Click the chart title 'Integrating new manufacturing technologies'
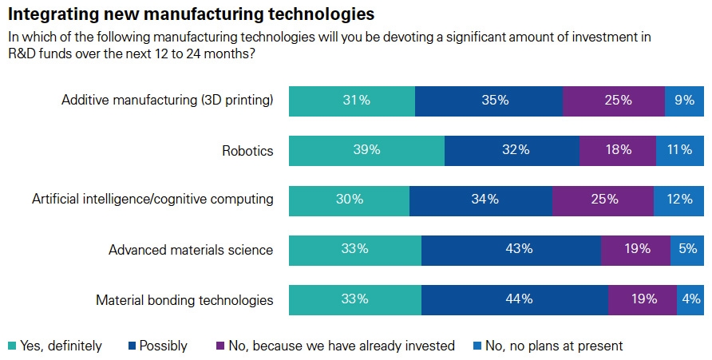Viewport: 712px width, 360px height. pos(192,14)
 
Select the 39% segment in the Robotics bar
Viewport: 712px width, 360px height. pos(366,149)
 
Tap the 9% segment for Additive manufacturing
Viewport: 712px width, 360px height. pos(683,100)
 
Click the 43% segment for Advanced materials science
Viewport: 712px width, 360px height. pos(511,249)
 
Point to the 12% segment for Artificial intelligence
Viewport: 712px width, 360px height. pos(678,200)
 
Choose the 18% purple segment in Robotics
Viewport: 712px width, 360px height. pos(618,149)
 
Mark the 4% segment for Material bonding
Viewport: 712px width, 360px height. pos(691,299)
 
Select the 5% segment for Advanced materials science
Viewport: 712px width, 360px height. pos(688,249)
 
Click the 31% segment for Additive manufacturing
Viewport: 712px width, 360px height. pos(351,100)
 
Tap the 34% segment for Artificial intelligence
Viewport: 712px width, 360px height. pos(481,200)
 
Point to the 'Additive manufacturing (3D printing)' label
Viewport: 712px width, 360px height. pos(168,100)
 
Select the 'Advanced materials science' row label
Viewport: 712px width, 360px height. pos(191,250)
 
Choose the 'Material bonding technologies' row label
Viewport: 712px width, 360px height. pos(184,300)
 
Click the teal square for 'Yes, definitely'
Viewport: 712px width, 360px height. pos(11,346)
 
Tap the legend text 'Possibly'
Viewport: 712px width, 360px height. pos(163,346)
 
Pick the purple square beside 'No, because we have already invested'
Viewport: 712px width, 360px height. pos(221,346)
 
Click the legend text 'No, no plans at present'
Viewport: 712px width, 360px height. pos(554,346)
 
